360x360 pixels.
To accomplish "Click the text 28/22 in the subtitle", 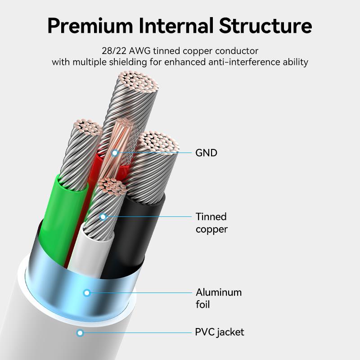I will pos(113,50).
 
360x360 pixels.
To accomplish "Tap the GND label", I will pos(206,153).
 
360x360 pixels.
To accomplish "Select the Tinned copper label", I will pos(211,223).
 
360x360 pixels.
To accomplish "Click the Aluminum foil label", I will pos(218,298).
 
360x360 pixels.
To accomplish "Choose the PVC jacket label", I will pos(220,333).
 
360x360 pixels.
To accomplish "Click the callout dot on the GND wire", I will pos(115,153).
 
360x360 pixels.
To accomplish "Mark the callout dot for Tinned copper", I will pos(103,217).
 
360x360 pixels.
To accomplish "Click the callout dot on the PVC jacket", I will pos(80,333).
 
